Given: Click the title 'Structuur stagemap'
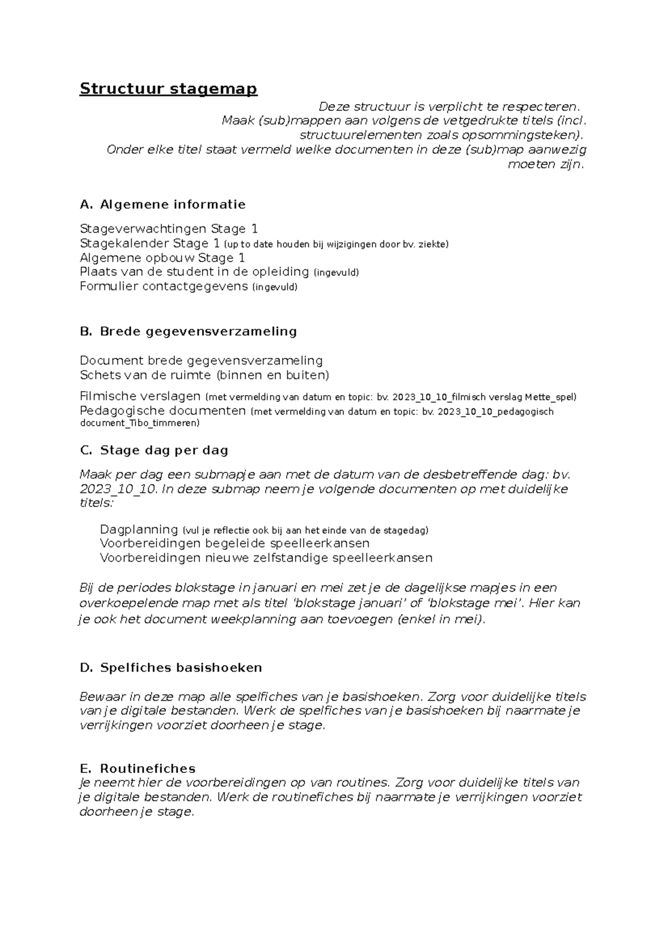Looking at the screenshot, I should (x=168, y=89).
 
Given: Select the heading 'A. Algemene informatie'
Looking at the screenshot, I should (x=163, y=204).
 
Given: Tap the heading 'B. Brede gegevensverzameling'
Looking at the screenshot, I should (x=188, y=331).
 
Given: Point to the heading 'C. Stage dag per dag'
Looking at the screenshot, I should (x=154, y=450).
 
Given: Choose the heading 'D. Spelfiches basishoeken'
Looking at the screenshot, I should (x=171, y=667).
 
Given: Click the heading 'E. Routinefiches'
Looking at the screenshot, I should (x=137, y=769).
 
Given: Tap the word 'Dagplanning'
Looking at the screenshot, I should (x=139, y=529).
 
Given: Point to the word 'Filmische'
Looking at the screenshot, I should (x=108, y=396).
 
